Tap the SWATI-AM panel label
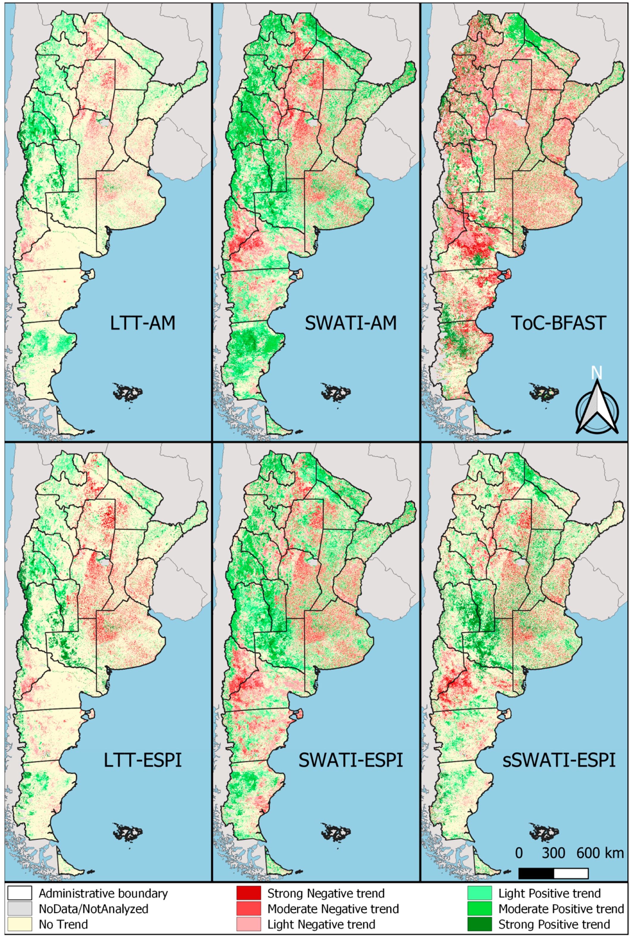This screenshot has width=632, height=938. pos(351,323)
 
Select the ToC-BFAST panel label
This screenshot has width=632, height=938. pos(558,323)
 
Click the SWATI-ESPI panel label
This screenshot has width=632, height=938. pos(351,760)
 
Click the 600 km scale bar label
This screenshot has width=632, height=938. pos(600,853)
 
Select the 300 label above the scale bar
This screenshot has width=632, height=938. pos(553,853)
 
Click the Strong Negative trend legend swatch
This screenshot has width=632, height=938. pos(248,893)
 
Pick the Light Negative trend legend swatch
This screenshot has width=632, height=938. pos(248,924)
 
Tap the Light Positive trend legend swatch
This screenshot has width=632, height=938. pos(480,893)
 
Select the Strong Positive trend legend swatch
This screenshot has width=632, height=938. pos(480,924)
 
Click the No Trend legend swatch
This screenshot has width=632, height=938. pos(19,924)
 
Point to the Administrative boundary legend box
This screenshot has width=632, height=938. pos(19,893)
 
